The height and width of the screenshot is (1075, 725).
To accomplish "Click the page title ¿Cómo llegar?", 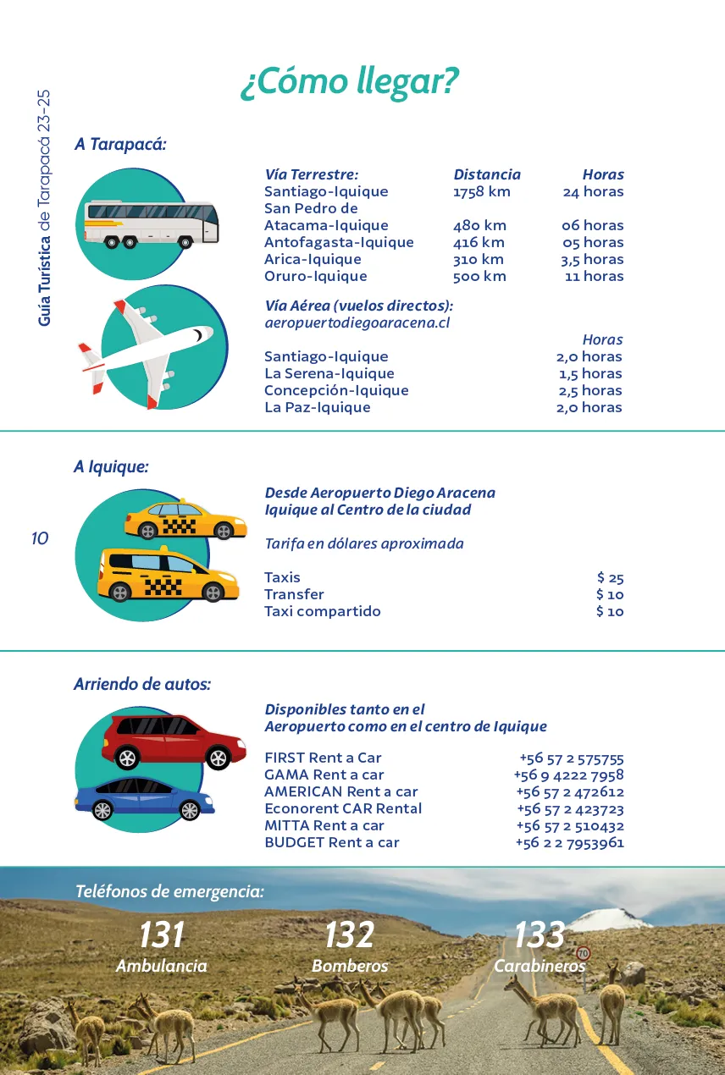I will (349, 82).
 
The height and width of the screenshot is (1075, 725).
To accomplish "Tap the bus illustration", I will (152, 223).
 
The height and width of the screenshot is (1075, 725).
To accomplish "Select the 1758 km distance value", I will (481, 192).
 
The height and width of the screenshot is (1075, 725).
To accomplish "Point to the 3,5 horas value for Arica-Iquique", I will (591, 260).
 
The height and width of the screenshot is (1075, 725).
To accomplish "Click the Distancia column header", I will (487, 175).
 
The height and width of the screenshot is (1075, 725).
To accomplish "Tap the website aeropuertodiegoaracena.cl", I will (357, 323).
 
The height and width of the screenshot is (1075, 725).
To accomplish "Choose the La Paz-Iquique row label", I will (317, 408).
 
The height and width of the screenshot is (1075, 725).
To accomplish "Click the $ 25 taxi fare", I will (610, 578).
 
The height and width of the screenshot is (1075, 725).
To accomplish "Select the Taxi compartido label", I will (322, 612).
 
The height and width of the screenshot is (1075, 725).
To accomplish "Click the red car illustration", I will (173, 741).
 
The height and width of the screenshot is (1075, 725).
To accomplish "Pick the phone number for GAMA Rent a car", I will (568, 775).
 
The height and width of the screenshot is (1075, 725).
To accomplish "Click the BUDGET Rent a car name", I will (331, 843).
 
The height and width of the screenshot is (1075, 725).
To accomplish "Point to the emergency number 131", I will (161, 935).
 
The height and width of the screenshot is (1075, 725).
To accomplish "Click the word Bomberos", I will (349, 966).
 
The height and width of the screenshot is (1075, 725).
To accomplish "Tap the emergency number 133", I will (539, 935).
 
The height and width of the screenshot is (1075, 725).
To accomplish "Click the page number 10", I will (40, 538).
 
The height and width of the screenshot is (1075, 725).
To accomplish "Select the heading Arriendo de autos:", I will (141, 685).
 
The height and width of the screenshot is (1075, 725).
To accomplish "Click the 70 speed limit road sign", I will (583, 953).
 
